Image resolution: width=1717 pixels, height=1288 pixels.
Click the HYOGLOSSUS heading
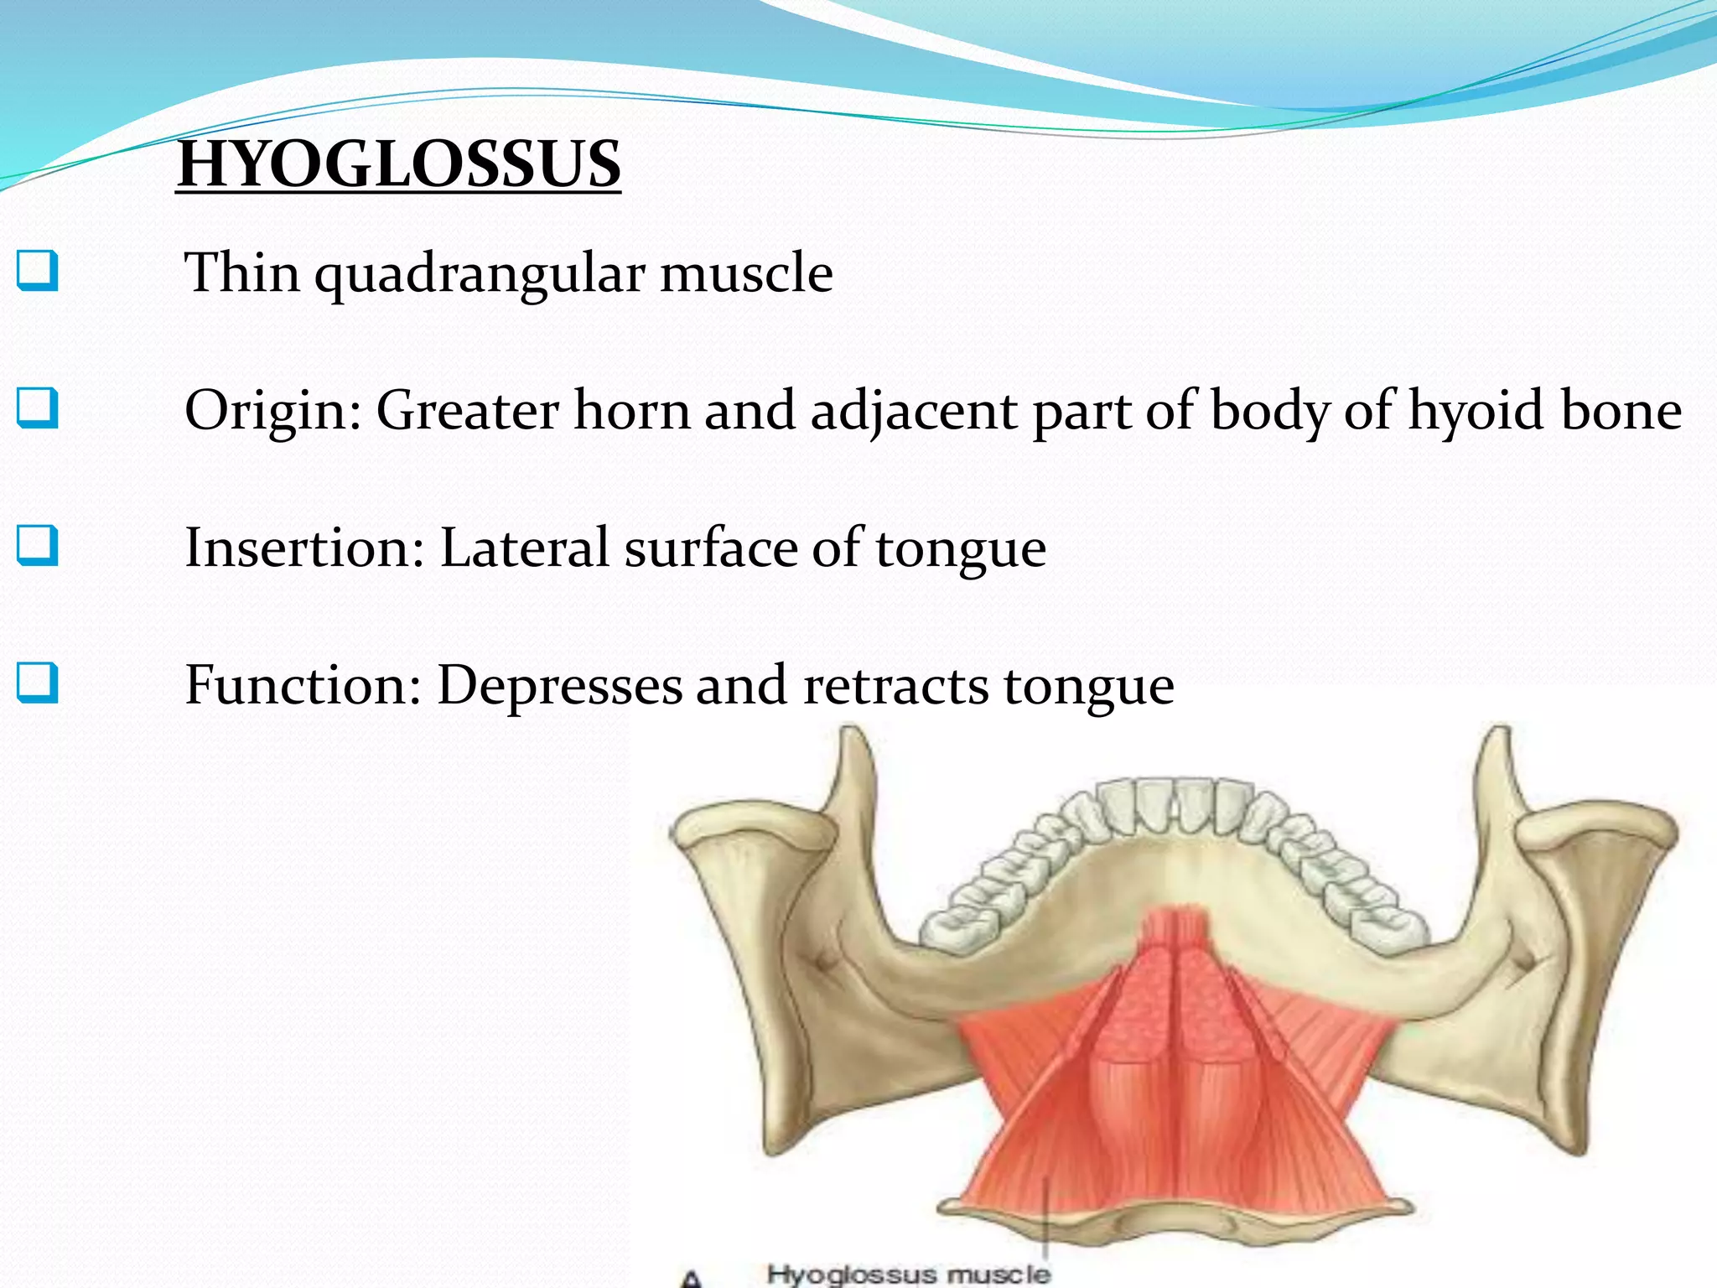(399, 164)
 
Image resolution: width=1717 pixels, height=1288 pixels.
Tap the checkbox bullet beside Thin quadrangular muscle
(38, 271)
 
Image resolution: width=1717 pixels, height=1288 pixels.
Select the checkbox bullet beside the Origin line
(38, 408)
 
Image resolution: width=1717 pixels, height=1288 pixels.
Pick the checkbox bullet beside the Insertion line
(38, 546)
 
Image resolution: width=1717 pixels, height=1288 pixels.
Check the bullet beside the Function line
(38, 683)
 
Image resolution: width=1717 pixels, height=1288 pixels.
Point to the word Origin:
(273, 412)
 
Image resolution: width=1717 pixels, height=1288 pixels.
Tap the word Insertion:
(304, 548)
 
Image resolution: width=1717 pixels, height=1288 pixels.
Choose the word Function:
(303, 685)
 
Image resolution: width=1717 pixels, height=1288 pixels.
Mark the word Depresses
(559, 685)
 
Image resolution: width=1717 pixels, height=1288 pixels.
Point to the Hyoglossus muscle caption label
(908, 1275)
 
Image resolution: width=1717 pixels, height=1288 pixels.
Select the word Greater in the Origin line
(467, 410)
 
